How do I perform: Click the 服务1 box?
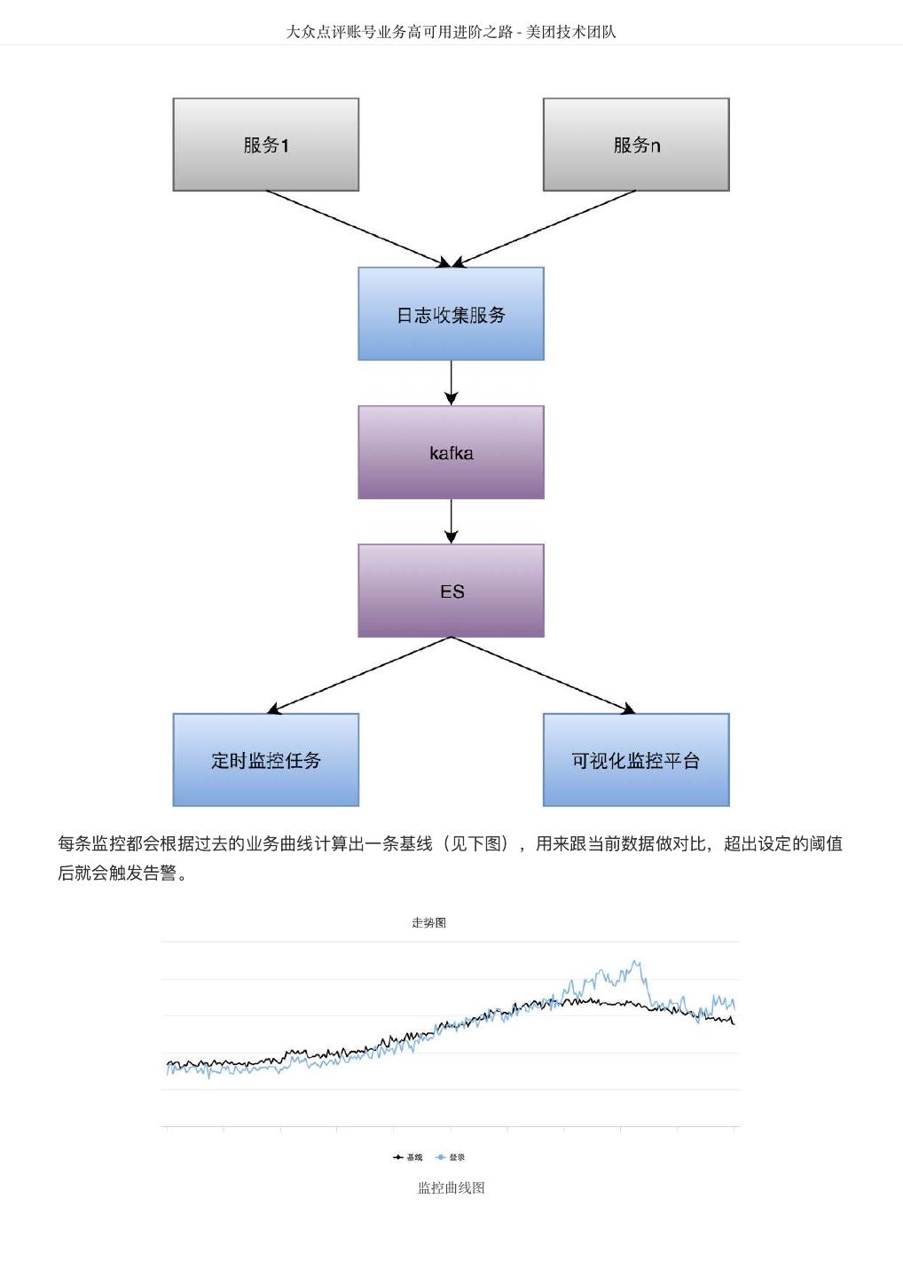pyautogui.click(x=265, y=145)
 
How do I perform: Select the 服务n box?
pyautogui.click(x=635, y=145)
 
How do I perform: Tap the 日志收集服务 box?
pyautogui.click(x=451, y=314)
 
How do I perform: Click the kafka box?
pyautogui.click(x=451, y=452)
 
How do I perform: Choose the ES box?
pyautogui.click(x=451, y=591)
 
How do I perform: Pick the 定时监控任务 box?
pyautogui.click(x=265, y=760)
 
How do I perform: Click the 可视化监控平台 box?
pyautogui.click(x=635, y=760)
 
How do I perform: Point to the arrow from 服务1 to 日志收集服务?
pyautogui.click(x=358, y=229)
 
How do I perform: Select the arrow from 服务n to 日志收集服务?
pyautogui.click(x=544, y=229)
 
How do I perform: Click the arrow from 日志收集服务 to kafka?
pyautogui.click(x=451, y=382)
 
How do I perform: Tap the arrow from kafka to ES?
pyautogui.click(x=451, y=521)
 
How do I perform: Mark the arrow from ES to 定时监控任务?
pyautogui.click(x=358, y=675)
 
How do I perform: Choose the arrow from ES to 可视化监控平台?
pyautogui.click(x=544, y=675)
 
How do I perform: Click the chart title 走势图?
pyautogui.click(x=428, y=922)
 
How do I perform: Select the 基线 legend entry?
pyautogui.click(x=409, y=1157)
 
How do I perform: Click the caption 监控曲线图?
pyautogui.click(x=451, y=1188)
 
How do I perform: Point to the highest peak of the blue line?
pyautogui.click(x=635, y=960)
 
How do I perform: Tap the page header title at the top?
pyautogui.click(x=451, y=32)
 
